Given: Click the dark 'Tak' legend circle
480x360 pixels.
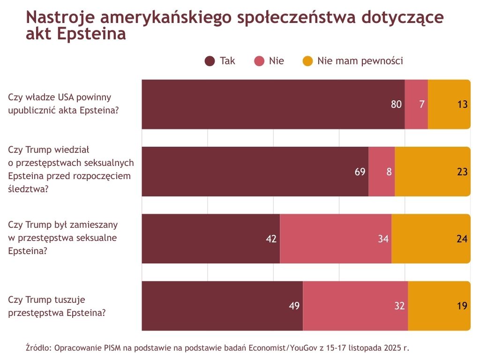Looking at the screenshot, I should click(210, 61).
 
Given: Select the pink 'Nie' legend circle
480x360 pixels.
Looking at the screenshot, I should click(259, 61).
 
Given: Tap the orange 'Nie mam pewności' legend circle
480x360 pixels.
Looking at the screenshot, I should click(307, 61).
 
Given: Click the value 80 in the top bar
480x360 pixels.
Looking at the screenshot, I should click(397, 105).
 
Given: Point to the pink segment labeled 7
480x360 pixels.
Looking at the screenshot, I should click(416, 105).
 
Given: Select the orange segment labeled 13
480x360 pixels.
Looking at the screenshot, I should click(449, 105).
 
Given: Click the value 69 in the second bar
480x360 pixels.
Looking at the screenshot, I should click(360, 172).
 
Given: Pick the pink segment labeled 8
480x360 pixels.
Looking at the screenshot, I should click(382, 172).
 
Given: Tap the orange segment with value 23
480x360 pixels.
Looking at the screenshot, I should click(432, 172).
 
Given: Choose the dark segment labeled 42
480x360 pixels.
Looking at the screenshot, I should click(210, 239).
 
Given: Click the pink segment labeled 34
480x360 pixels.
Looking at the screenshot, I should click(336, 239).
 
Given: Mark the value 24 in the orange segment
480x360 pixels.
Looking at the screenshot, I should click(462, 239).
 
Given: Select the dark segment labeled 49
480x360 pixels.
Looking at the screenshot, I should click(222, 306).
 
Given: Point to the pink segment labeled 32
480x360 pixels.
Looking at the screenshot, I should click(355, 306).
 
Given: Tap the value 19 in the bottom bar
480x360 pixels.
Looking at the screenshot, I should click(462, 306).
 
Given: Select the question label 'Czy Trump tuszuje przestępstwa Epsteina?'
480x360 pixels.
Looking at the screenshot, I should click(57, 306).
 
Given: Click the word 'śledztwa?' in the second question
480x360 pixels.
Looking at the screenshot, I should click(29, 189).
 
